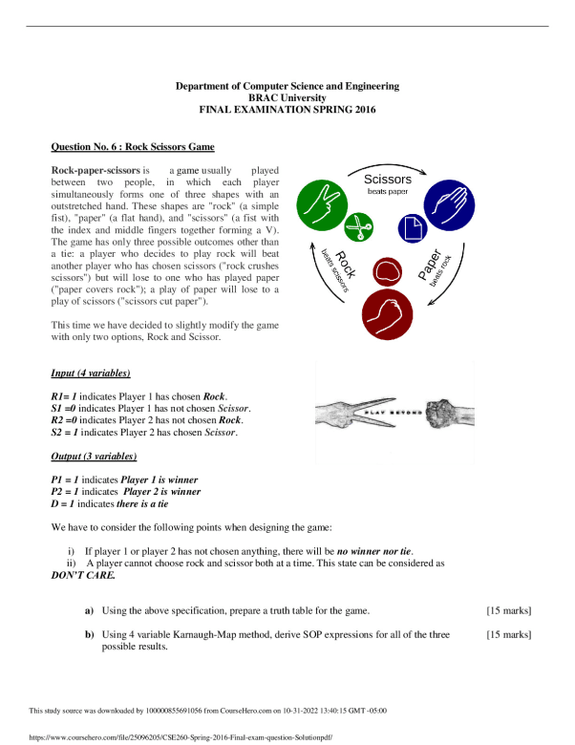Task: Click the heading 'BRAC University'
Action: (287, 98)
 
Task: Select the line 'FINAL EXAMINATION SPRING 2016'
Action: (287, 110)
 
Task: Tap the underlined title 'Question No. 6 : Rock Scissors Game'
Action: (132, 147)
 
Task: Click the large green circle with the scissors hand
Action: (325, 204)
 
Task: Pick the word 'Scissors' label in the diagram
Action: (387, 180)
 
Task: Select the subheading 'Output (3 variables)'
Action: (93, 457)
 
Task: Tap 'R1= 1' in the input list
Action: (64, 395)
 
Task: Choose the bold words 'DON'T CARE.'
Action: (82, 576)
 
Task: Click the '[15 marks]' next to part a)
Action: (508, 610)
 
